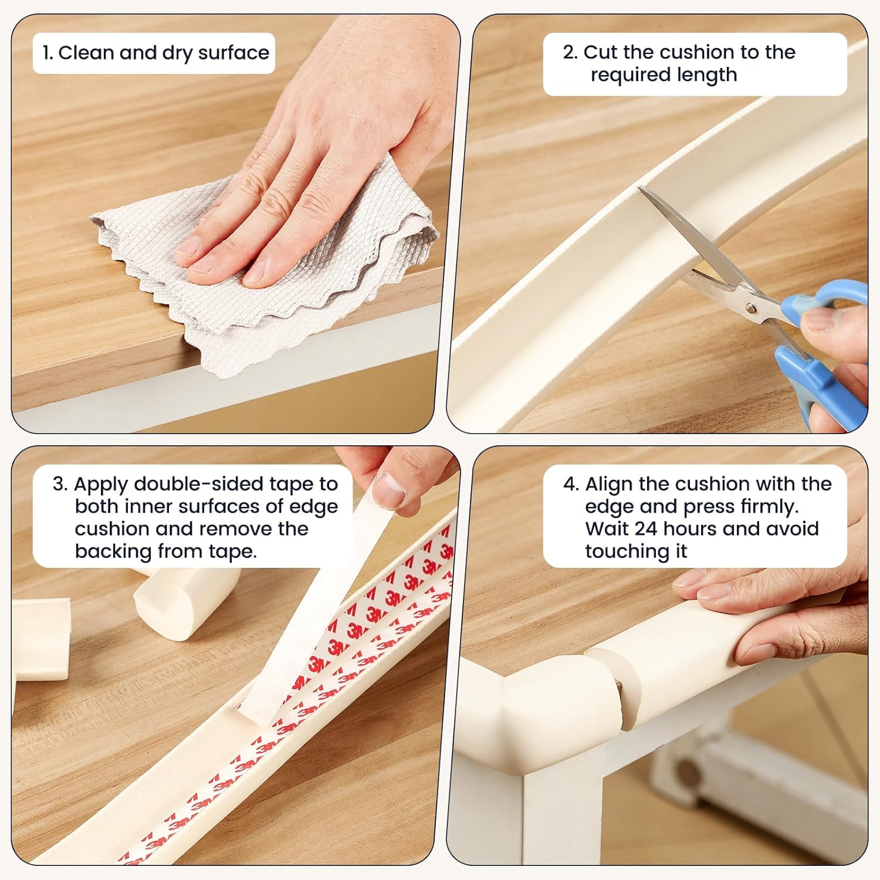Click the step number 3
pos(59,484)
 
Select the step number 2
pos(569,52)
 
